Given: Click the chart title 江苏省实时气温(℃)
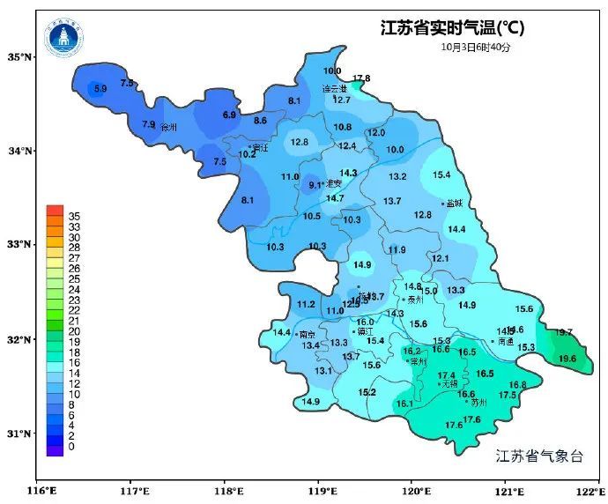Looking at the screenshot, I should [451, 27].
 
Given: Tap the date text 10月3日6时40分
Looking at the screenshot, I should [476, 47].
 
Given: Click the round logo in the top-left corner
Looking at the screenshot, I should [63, 34].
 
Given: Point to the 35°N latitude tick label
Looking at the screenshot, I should [20, 57].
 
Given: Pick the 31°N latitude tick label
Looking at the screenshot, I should [20, 434].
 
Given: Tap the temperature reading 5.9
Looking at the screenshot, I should [100, 89].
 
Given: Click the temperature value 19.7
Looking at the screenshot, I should [564, 332].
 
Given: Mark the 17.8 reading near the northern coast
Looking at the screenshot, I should [361, 79].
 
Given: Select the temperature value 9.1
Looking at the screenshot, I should [315, 185].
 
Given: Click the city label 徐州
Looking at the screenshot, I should [168, 128].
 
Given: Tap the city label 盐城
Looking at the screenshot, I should [455, 204].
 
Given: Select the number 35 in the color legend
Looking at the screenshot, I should [74, 216].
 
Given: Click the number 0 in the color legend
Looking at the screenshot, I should [70, 447].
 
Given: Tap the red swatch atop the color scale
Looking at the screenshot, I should [55, 211].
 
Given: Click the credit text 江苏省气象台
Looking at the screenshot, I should [539, 456].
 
